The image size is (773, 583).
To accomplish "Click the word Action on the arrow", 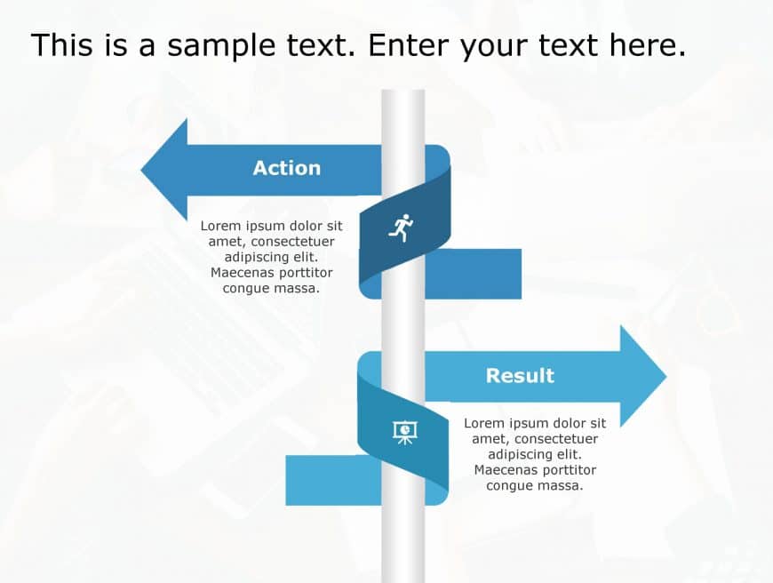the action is point(287,168).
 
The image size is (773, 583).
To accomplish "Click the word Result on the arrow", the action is point(520,376).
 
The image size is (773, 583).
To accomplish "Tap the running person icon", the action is point(402,228).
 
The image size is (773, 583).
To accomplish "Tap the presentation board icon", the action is point(405,433).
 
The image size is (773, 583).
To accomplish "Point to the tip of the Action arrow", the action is point(141,170).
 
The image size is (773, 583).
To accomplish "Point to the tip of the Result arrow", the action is point(666,377).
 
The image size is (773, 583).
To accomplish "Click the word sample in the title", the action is point(221,46).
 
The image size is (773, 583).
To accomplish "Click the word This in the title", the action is point(61,45).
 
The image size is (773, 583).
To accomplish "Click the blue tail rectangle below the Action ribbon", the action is point(473,274).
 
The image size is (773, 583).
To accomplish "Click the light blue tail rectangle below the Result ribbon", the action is point(334,481).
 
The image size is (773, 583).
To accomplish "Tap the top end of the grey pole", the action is point(403,91).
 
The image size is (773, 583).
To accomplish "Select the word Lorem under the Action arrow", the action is point(221,226).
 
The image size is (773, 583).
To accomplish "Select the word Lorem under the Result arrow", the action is point(484,423).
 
